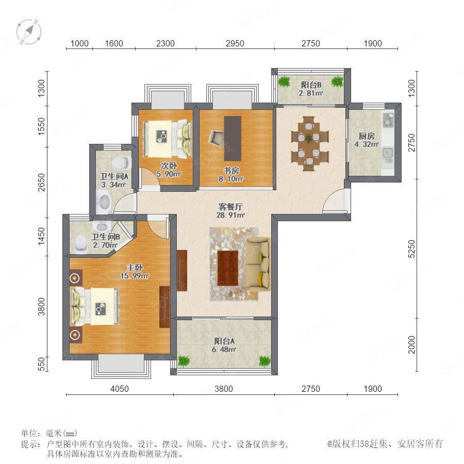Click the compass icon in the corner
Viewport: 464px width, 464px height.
(29, 31)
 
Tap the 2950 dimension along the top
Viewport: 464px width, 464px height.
(235, 43)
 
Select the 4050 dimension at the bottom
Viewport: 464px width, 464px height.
(120, 389)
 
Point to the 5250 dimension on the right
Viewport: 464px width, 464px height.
(411, 249)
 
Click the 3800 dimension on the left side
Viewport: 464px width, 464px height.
(41, 307)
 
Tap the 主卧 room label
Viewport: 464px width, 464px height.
(135, 268)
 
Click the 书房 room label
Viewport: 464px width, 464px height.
(231, 171)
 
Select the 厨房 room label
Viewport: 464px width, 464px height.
(367, 136)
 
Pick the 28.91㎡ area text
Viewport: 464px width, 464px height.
(230, 215)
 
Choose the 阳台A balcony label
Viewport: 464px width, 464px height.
(224, 341)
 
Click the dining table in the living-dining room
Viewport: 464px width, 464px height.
(309, 143)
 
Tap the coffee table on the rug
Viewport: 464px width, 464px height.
(228, 268)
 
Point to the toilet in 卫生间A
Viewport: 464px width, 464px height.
(122, 162)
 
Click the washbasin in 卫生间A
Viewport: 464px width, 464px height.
(104, 202)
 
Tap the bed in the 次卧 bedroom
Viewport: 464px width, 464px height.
(168, 139)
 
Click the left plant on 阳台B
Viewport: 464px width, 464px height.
(285, 81)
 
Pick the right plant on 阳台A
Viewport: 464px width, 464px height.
(264, 361)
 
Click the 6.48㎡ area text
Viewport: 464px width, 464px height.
(224, 349)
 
